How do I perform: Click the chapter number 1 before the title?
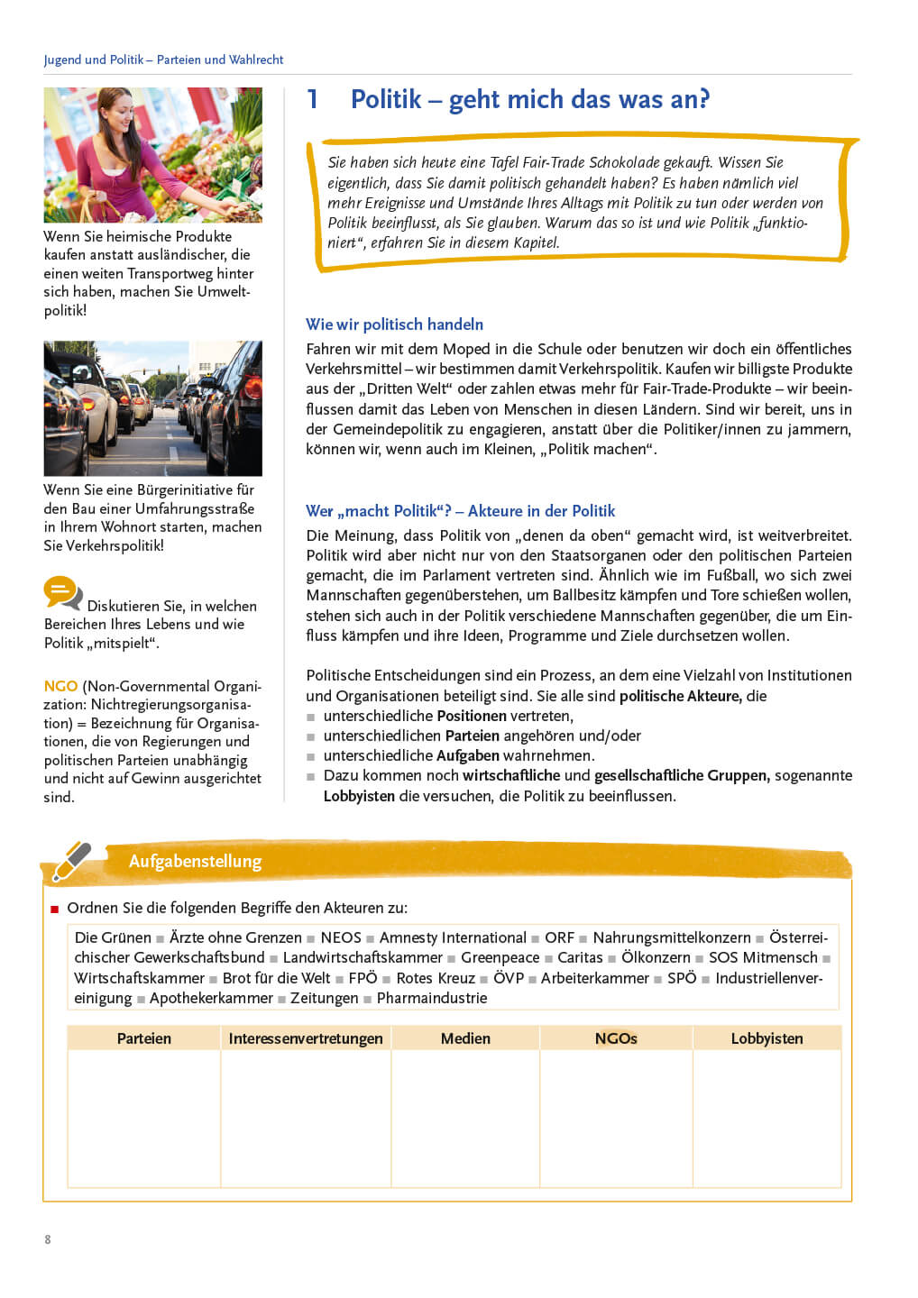[312, 99]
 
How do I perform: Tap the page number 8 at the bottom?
[48, 1239]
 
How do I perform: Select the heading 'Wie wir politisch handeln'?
[394, 324]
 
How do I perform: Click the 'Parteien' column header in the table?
[144, 1038]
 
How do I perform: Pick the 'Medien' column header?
[465, 1038]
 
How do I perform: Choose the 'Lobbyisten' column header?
[767, 1038]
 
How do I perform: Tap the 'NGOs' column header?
[616, 1038]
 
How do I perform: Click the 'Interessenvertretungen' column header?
[306, 1038]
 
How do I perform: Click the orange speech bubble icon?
[62, 593]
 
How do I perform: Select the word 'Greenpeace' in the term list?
[500, 957]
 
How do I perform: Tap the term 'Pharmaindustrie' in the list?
[432, 998]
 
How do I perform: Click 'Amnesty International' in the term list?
[453, 937]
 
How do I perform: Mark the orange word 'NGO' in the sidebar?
[60, 686]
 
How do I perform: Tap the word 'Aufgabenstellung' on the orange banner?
[195, 861]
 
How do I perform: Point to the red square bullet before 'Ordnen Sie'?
[55, 909]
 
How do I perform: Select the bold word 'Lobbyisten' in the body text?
[359, 796]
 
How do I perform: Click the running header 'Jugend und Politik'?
[93, 59]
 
